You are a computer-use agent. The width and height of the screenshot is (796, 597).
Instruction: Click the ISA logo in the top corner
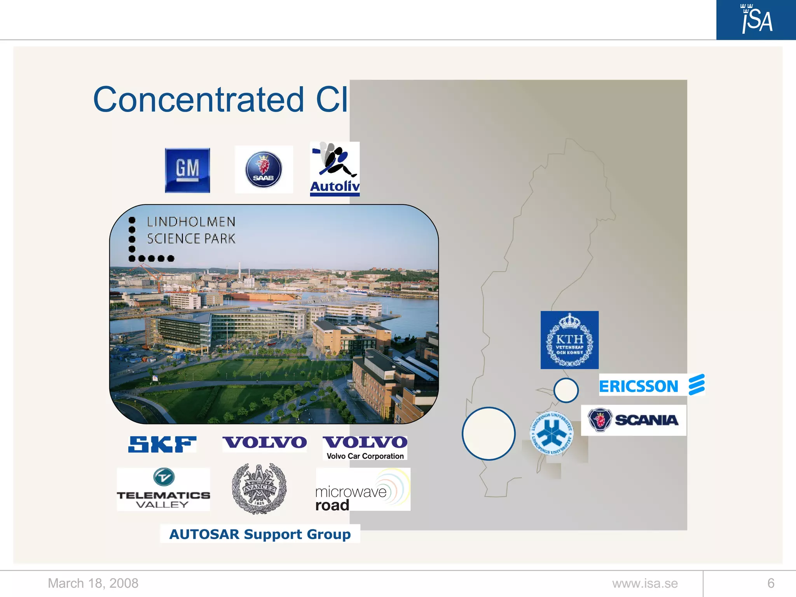[x=756, y=19]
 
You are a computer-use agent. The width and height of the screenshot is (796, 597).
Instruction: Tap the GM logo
[x=187, y=170]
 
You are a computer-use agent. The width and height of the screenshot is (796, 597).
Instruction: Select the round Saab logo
[x=264, y=169]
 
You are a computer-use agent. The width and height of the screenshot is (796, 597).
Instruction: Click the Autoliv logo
[x=335, y=169]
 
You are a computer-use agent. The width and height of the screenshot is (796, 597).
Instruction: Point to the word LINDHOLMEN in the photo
[x=191, y=222]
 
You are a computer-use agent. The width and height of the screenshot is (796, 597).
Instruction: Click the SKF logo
[x=162, y=444]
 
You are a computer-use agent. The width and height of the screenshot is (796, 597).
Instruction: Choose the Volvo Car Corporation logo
[x=365, y=447]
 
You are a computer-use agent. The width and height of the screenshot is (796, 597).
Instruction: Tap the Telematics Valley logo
[x=163, y=489]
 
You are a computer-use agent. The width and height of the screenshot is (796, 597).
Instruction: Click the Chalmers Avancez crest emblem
[x=259, y=489]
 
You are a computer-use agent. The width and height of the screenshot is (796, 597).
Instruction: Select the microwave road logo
[x=362, y=490]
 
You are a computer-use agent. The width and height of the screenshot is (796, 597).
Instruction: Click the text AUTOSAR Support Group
[x=260, y=534]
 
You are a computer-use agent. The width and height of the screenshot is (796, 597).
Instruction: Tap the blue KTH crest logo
[x=569, y=340]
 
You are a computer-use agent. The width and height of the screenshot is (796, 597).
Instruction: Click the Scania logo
[x=634, y=420]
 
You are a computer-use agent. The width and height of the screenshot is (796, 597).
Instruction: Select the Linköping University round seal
[x=552, y=433]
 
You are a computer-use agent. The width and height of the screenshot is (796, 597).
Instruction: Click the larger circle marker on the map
[x=489, y=433]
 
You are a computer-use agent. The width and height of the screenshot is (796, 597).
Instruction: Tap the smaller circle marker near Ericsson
[x=566, y=390]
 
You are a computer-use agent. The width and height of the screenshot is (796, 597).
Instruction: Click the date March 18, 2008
[x=93, y=583]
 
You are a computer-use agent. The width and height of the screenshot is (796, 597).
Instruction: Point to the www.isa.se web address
[x=645, y=583]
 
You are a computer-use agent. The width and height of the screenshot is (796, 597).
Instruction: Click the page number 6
[x=771, y=583]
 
